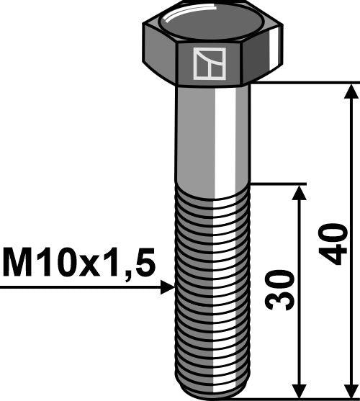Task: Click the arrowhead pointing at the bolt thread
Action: click(167, 287)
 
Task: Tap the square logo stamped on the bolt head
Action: click(209, 63)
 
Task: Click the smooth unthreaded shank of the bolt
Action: click(212, 137)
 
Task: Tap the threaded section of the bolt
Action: click(212, 288)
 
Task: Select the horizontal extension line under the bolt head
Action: click(302, 83)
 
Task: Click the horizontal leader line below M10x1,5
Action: click(79, 287)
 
